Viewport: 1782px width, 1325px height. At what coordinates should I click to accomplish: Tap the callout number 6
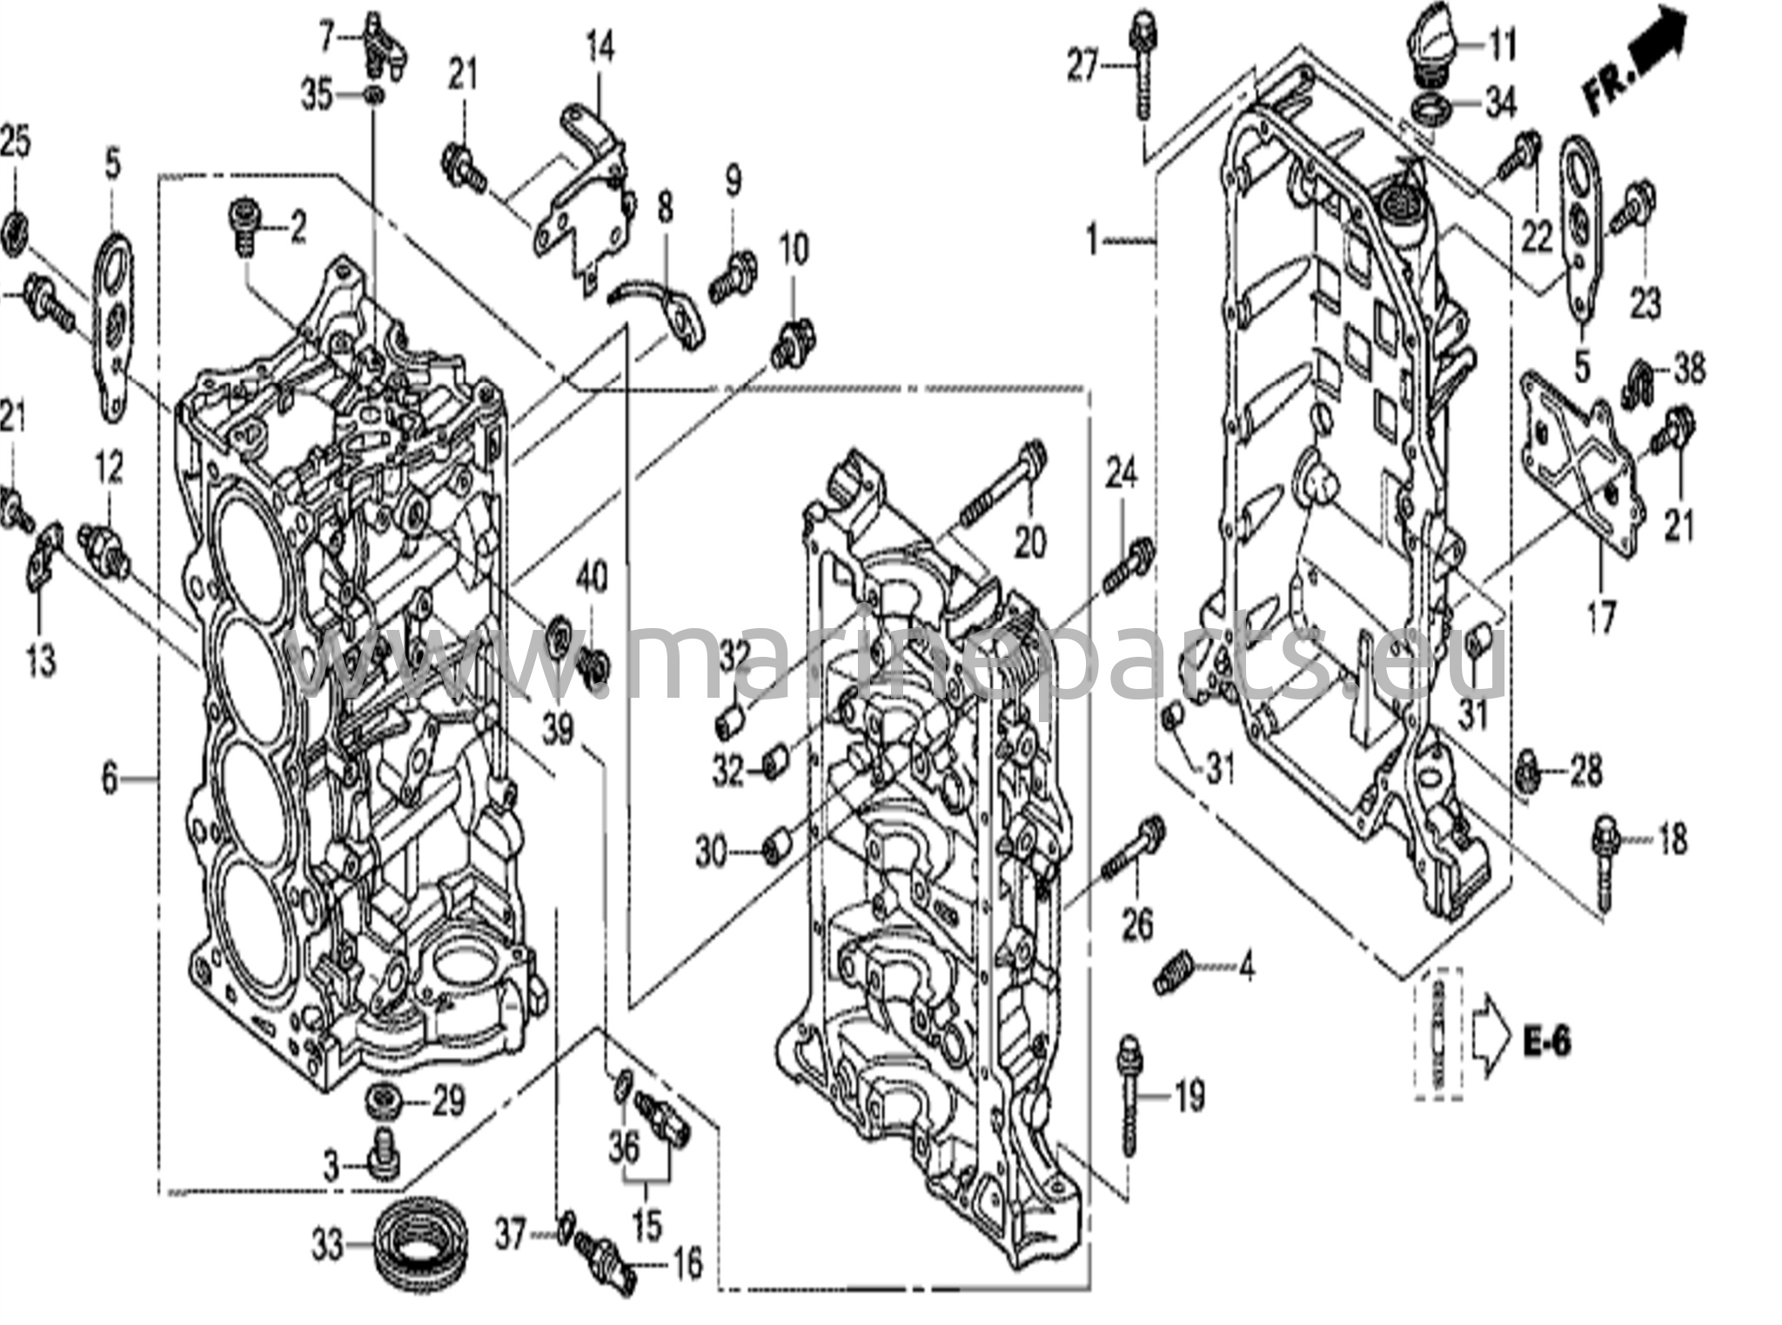(109, 779)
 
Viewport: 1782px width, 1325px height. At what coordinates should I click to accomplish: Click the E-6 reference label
(1547, 1041)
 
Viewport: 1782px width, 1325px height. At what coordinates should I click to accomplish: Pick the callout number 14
(600, 48)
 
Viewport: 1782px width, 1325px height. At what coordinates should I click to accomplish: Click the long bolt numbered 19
(1129, 1094)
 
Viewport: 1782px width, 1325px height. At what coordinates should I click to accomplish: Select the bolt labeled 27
(1140, 65)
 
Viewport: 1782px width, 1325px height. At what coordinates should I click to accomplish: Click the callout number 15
(646, 1226)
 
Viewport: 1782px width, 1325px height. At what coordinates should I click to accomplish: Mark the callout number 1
(1092, 238)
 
